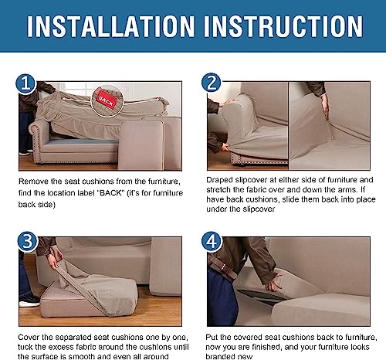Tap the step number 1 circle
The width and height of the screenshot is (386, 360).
click(25, 83)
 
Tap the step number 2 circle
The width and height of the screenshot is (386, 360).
click(212, 83)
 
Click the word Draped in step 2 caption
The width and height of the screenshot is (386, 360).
click(219, 181)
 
